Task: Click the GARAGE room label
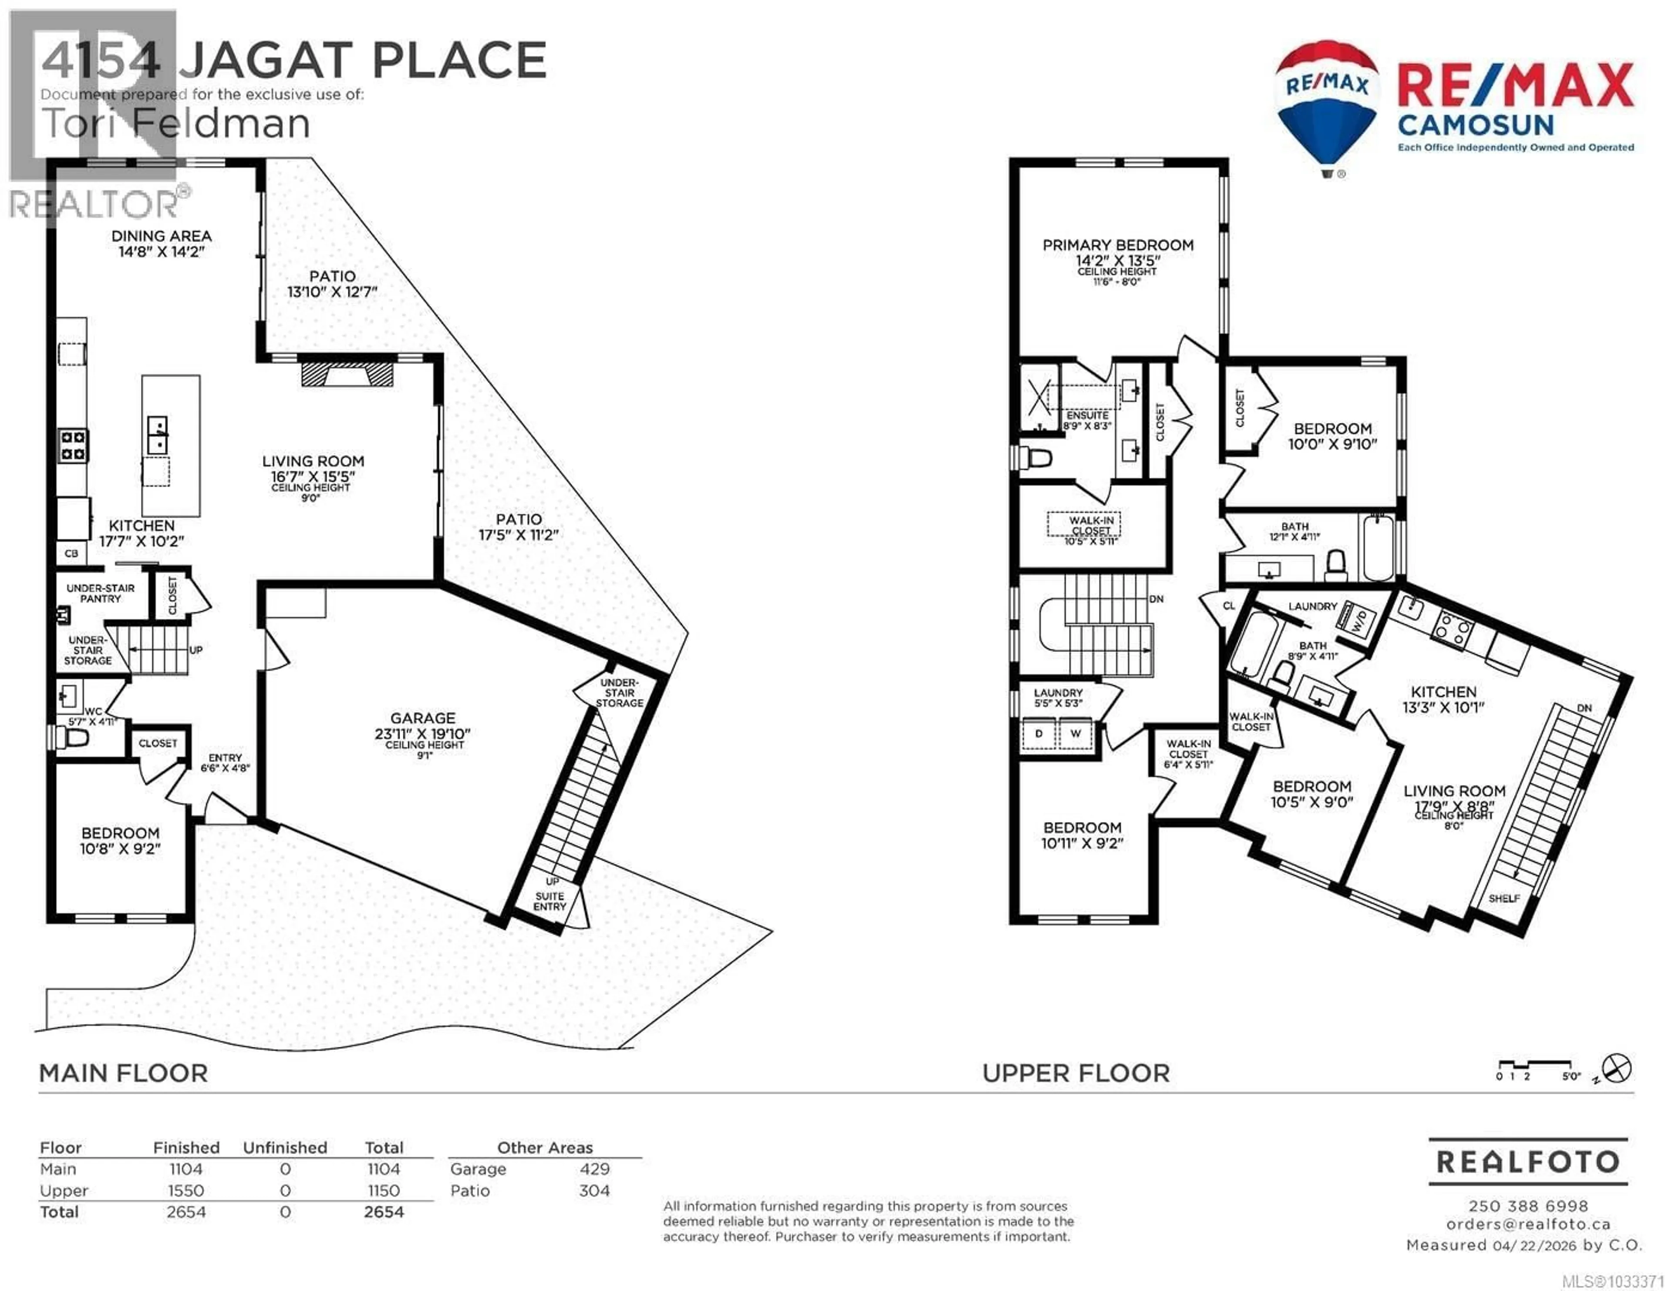click(x=423, y=718)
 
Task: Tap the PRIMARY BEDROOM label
click(x=1118, y=245)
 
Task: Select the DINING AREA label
click(x=162, y=236)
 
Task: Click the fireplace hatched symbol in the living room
click(x=347, y=374)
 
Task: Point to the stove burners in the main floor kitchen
click(x=74, y=446)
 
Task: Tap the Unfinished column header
click(x=285, y=1147)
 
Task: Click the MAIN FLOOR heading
click(x=123, y=1073)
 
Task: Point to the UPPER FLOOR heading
click(x=1075, y=1073)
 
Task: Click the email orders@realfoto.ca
click(x=1528, y=1224)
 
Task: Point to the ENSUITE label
click(x=1087, y=416)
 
